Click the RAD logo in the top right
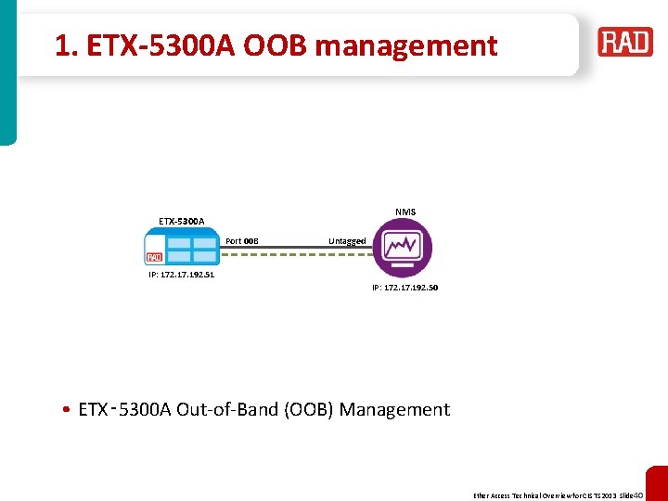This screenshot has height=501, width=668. click(625, 43)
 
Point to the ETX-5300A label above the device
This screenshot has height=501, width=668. click(182, 221)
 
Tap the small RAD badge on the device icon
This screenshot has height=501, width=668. click(154, 257)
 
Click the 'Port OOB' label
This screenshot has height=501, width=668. click(242, 241)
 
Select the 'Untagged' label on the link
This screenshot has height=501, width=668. click(347, 241)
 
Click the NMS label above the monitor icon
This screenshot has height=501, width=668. click(405, 212)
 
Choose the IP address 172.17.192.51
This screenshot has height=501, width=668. click(182, 275)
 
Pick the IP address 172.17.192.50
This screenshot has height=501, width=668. click(405, 288)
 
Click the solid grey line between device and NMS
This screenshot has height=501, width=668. click(297, 248)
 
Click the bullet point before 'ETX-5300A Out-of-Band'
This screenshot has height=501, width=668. click(69, 410)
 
